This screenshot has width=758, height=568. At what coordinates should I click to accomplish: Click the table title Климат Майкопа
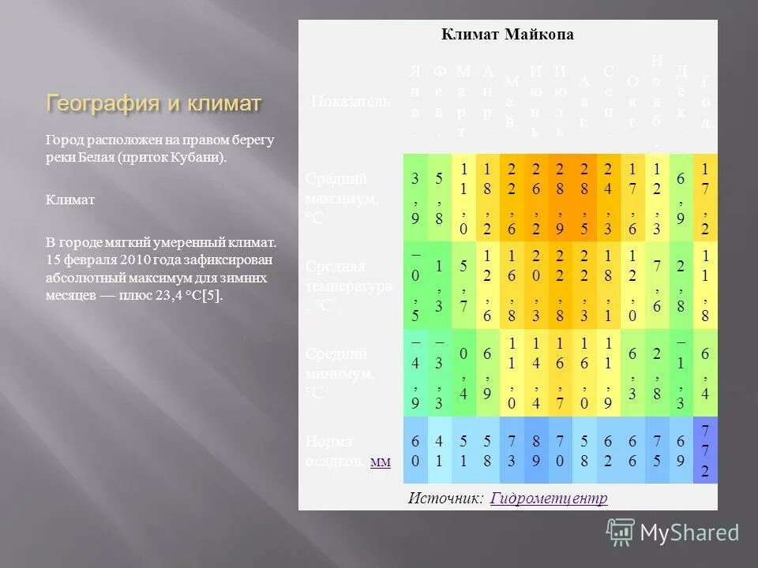coord(507,35)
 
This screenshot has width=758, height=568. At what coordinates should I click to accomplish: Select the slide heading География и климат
coord(154,103)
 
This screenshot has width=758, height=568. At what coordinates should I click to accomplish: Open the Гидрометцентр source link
coord(549,499)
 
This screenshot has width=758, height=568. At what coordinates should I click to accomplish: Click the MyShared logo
coord(674,532)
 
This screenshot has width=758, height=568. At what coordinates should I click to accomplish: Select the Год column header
coord(705,101)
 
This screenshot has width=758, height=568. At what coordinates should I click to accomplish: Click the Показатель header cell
coord(351,101)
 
